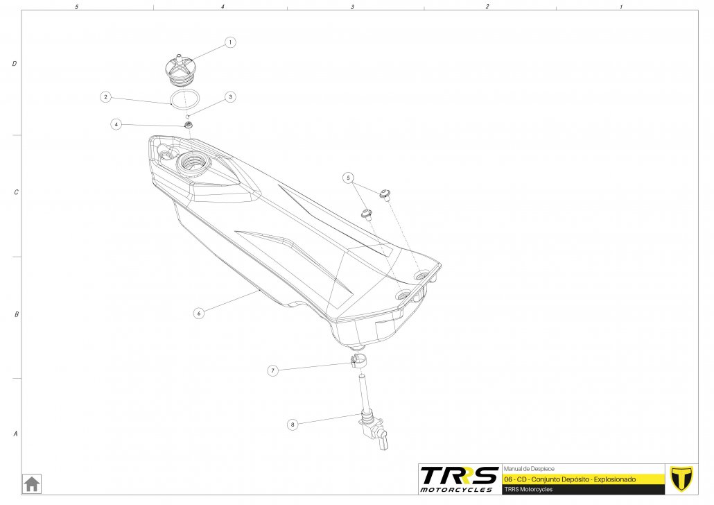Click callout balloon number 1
click(x=230, y=42)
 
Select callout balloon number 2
click(x=105, y=97)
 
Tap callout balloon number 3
click(x=230, y=97)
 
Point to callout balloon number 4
click(x=116, y=124)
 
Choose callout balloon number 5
click(x=348, y=178)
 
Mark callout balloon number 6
click(x=198, y=313)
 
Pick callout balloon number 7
click(x=273, y=371)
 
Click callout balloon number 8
click(x=293, y=424)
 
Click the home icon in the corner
click(x=32, y=483)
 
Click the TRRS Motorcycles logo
click(x=459, y=479)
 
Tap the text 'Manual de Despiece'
click(x=528, y=469)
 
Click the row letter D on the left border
click(x=15, y=64)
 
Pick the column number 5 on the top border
click(x=76, y=6)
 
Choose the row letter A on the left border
click(x=15, y=434)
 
